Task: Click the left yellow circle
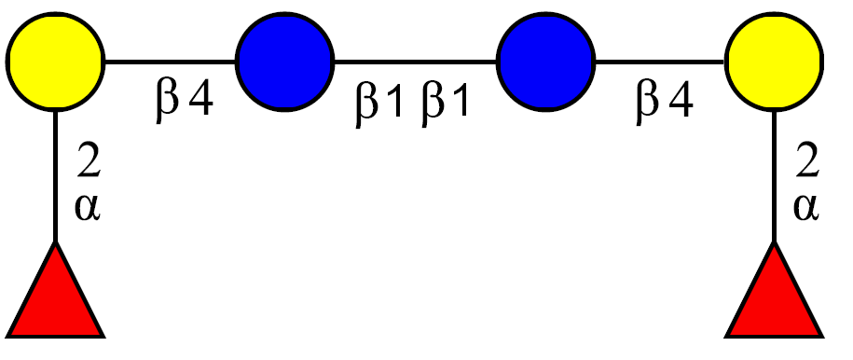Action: point(55,62)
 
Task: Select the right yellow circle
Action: point(774,62)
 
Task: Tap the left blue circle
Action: point(284,62)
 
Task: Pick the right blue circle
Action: point(545,62)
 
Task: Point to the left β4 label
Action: point(184,103)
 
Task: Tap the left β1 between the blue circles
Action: point(378,105)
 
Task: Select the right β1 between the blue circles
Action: point(445,105)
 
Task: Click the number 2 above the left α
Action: point(89,161)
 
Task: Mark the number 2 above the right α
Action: point(807,161)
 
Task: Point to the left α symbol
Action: point(88,208)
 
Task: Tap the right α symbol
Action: point(806,208)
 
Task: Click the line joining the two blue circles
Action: point(415,62)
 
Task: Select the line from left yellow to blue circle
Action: point(170,62)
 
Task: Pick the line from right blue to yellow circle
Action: point(660,62)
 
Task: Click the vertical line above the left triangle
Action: point(55,177)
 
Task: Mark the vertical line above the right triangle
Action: point(774,177)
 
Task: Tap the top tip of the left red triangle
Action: point(55,242)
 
